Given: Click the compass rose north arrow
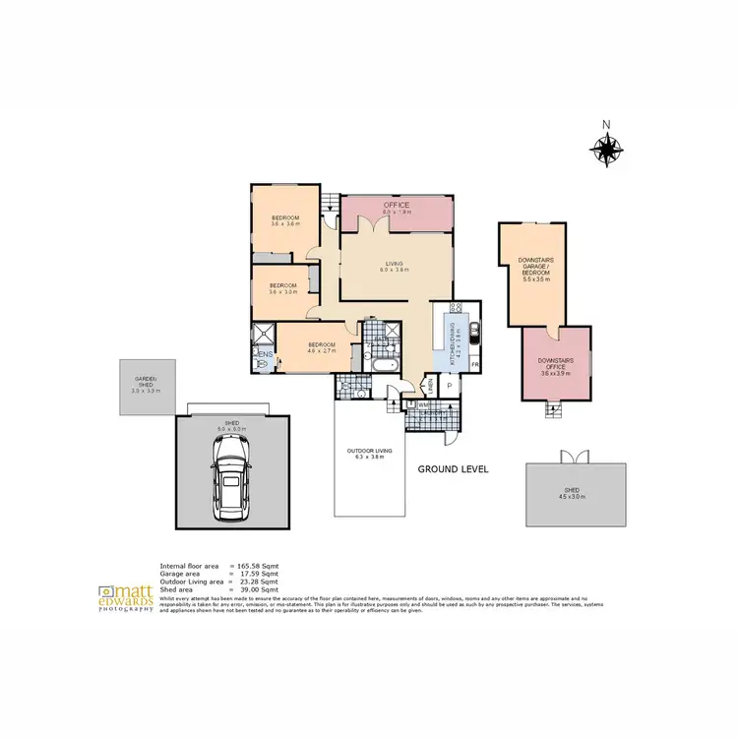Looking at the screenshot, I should click(x=607, y=148).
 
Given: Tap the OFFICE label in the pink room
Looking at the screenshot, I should click(x=396, y=206).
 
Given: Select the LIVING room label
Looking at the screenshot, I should click(x=395, y=264).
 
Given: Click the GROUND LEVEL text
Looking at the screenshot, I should click(x=453, y=469).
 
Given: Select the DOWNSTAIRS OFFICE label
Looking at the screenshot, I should click(x=556, y=363).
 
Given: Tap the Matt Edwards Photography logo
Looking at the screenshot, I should click(x=126, y=596).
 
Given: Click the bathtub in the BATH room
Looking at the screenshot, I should click(x=380, y=365).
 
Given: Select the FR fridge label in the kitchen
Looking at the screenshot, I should click(x=474, y=365).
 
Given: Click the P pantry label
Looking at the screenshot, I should click(x=450, y=387).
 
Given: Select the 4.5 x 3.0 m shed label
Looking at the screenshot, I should click(x=572, y=493).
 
